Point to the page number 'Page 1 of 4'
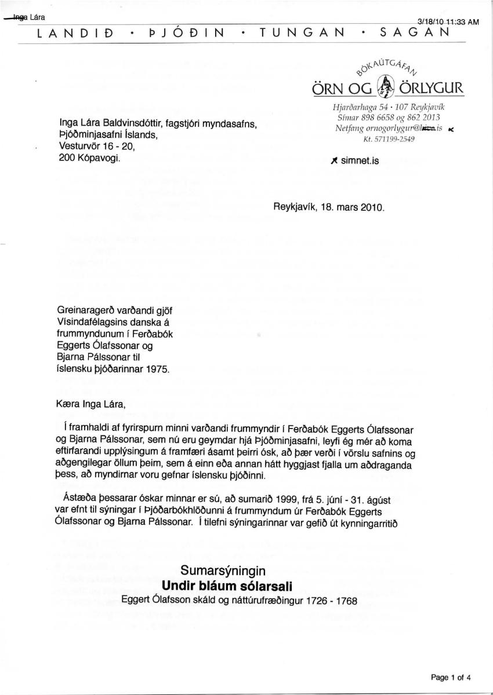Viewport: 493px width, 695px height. point(451,676)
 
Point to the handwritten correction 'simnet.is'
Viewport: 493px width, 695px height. point(358,162)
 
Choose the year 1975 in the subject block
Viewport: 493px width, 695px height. point(158,370)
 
